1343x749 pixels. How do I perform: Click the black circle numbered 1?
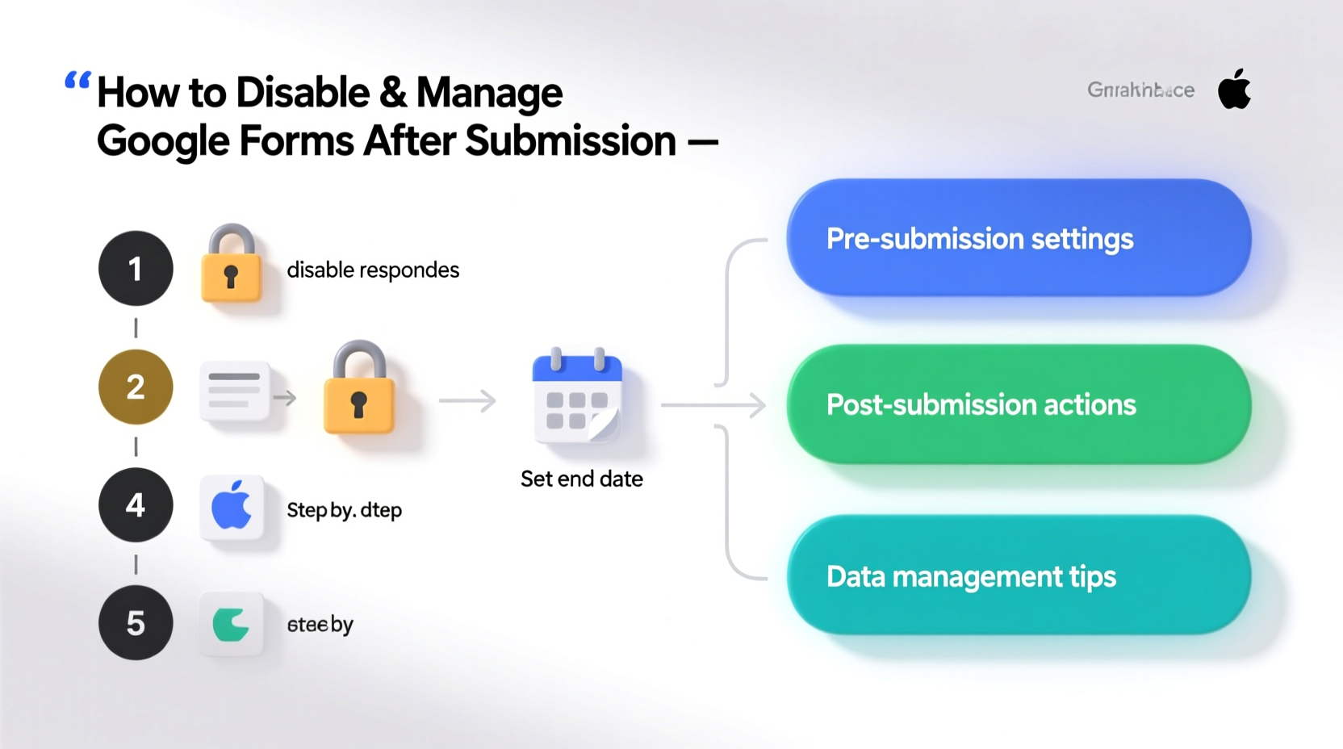pos(136,268)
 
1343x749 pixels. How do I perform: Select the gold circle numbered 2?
pos(136,387)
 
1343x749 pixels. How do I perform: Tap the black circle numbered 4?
pos(136,505)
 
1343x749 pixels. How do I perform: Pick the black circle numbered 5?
pos(136,623)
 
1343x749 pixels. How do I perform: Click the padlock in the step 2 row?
pos(359,389)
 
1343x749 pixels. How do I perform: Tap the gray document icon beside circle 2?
pos(235,391)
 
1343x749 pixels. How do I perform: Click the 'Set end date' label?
pos(581,479)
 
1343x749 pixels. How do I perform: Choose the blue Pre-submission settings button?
pos(1019,238)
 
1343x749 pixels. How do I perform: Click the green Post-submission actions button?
pos(1019,404)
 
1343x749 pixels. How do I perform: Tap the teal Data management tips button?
pos(1019,576)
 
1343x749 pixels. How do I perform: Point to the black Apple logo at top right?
pos(1234,90)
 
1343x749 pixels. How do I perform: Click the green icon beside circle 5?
pos(232,624)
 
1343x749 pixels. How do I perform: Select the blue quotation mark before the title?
pos(77,80)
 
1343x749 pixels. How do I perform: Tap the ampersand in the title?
pos(393,92)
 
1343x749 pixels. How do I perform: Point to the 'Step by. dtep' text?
pos(344,510)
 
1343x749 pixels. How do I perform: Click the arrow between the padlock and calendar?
pos(468,400)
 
